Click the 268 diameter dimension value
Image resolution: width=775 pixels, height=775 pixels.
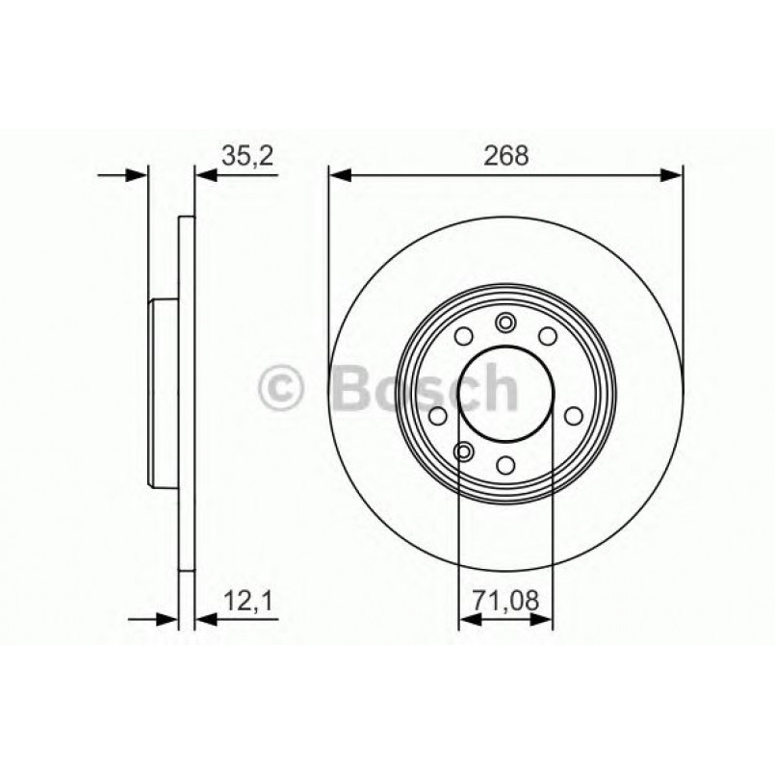pyautogui.click(x=506, y=157)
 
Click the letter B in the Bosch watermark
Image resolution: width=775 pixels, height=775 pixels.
pyautogui.click(x=351, y=389)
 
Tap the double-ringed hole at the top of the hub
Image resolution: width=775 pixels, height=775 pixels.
pyautogui.click(x=505, y=323)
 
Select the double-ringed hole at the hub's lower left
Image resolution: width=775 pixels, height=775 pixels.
pyautogui.click(x=465, y=452)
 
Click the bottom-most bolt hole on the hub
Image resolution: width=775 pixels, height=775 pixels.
pyautogui.click(x=506, y=466)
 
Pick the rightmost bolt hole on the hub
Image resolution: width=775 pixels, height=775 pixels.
pyautogui.click(x=575, y=416)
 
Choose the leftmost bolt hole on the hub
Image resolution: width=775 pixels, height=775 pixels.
pyautogui.click(x=437, y=416)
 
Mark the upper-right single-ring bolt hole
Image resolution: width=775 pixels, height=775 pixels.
pyautogui.click(x=548, y=336)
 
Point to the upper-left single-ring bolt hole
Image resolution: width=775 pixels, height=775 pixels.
pyautogui.click(x=464, y=336)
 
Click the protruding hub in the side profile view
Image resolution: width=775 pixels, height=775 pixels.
pyautogui.click(x=164, y=395)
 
